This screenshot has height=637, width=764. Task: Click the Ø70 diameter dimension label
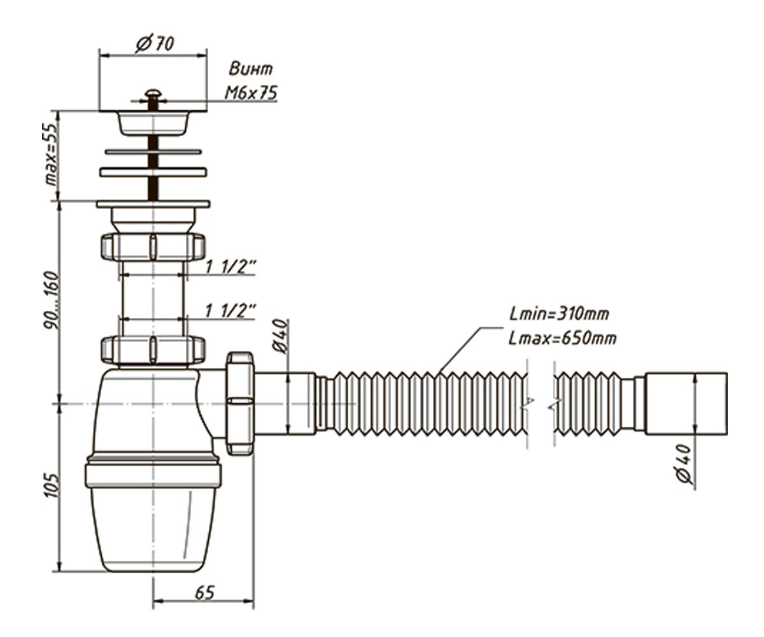click(x=155, y=45)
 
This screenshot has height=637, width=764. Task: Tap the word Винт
click(x=251, y=69)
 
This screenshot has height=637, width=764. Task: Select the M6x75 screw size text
click(x=251, y=93)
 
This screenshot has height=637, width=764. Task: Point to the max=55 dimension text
click(x=50, y=154)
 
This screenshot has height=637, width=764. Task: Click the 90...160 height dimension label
click(x=51, y=300)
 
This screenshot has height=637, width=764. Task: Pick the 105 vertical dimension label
click(x=51, y=485)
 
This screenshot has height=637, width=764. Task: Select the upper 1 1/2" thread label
click(x=230, y=267)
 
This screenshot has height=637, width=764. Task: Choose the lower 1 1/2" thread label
click(x=230, y=311)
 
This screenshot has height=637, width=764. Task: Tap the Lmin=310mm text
click(x=560, y=314)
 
